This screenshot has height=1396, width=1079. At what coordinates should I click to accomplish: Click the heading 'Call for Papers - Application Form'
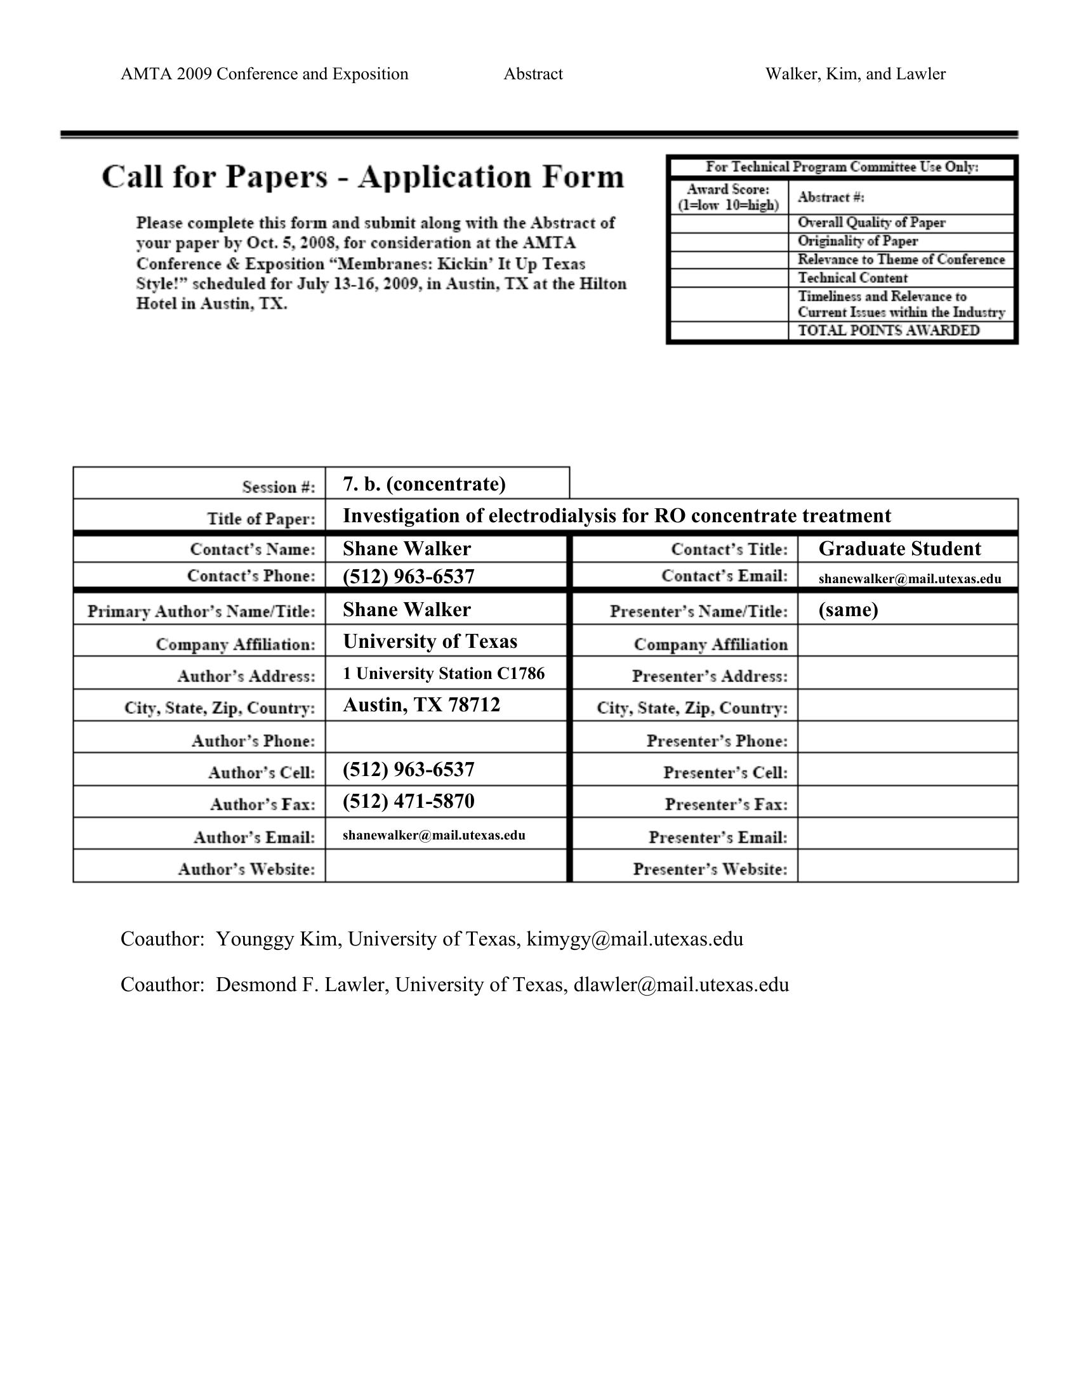pos(362,177)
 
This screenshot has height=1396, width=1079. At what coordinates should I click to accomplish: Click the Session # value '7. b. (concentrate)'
pos(424,484)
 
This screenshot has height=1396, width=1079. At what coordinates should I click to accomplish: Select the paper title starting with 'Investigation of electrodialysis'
pos(616,516)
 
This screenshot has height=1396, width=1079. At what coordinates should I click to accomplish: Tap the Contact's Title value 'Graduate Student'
pos(899,549)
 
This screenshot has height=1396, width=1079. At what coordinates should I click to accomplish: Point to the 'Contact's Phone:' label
pos(251,576)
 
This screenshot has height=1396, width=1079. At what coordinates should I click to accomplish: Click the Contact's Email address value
pos(910,579)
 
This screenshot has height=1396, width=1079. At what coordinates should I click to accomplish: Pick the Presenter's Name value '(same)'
pos(848,610)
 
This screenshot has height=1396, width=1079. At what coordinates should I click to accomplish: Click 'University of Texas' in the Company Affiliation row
pos(430,641)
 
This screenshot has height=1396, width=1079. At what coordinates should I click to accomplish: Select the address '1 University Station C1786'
pos(444,673)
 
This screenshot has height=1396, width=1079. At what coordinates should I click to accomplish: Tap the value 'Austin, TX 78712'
pos(421,705)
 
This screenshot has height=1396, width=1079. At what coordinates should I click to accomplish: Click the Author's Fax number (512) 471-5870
pos(409,801)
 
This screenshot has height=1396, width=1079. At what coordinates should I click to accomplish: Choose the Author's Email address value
pos(434,835)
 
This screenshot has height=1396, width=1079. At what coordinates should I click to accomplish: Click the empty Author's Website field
pos(446,866)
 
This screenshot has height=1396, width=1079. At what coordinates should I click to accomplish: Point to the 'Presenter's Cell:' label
pos(725,773)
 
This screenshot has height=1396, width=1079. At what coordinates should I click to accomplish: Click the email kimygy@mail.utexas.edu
pos(635,939)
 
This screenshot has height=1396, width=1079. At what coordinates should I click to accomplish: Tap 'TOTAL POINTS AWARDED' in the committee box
pos(889,331)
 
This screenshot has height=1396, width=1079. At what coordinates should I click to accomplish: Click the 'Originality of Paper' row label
pos(857,241)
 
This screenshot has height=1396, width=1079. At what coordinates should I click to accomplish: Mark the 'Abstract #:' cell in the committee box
pos(831,197)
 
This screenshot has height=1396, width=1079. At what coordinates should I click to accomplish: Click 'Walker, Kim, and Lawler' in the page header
pos(856,74)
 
